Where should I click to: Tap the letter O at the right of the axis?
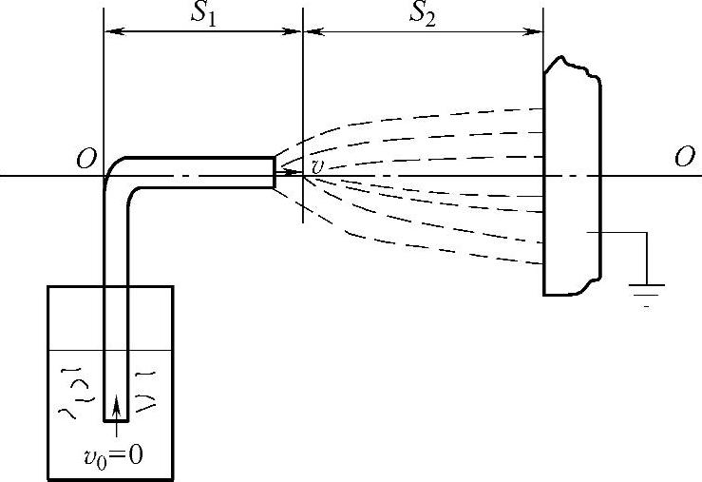(x=684, y=159)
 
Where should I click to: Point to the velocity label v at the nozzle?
(x=317, y=166)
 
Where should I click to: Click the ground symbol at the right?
(x=647, y=290)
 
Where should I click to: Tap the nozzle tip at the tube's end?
(x=275, y=172)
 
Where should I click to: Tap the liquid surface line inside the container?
(x=66, y=349)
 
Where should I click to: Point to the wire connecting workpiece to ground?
(x=622, y=234)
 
